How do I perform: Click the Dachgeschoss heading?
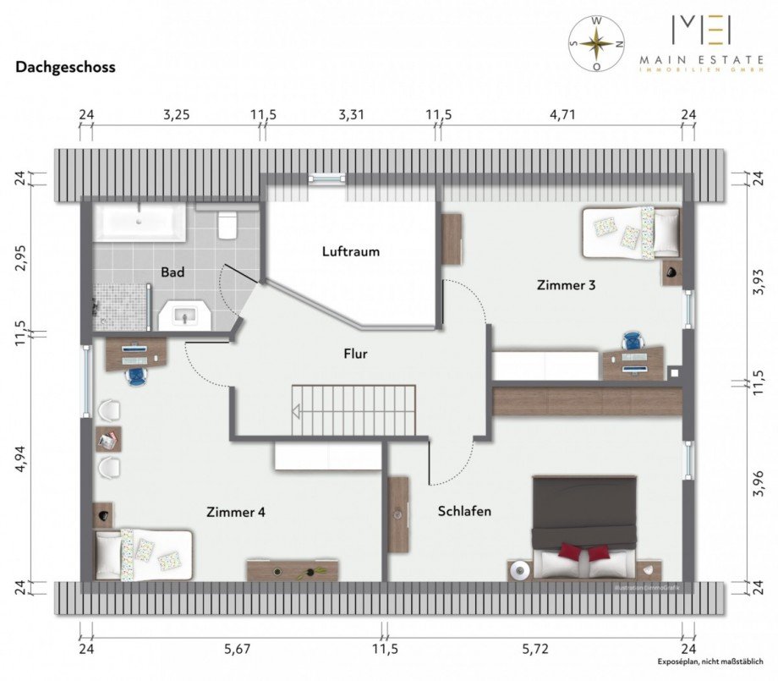[x=65, y=66]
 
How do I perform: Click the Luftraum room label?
[x=350, y=251]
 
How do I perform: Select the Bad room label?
[x=173, y=272]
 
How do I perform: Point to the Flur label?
[x=355, y=354]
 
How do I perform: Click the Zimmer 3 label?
[x=566, y=285]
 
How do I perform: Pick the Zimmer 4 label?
[x=236, y=512]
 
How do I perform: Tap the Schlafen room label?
[x=464, y=511]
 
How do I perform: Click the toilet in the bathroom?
[x=227, y=224]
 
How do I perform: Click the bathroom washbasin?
[x=187, y=316]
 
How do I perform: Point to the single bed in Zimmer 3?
[x=631, y=233]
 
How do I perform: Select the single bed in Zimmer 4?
[x=143, y=553]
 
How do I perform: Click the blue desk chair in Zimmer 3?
[x=632, y=341]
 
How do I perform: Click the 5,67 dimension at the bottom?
[x=238, y=649]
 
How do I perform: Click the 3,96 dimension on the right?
[x=758, y=486]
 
